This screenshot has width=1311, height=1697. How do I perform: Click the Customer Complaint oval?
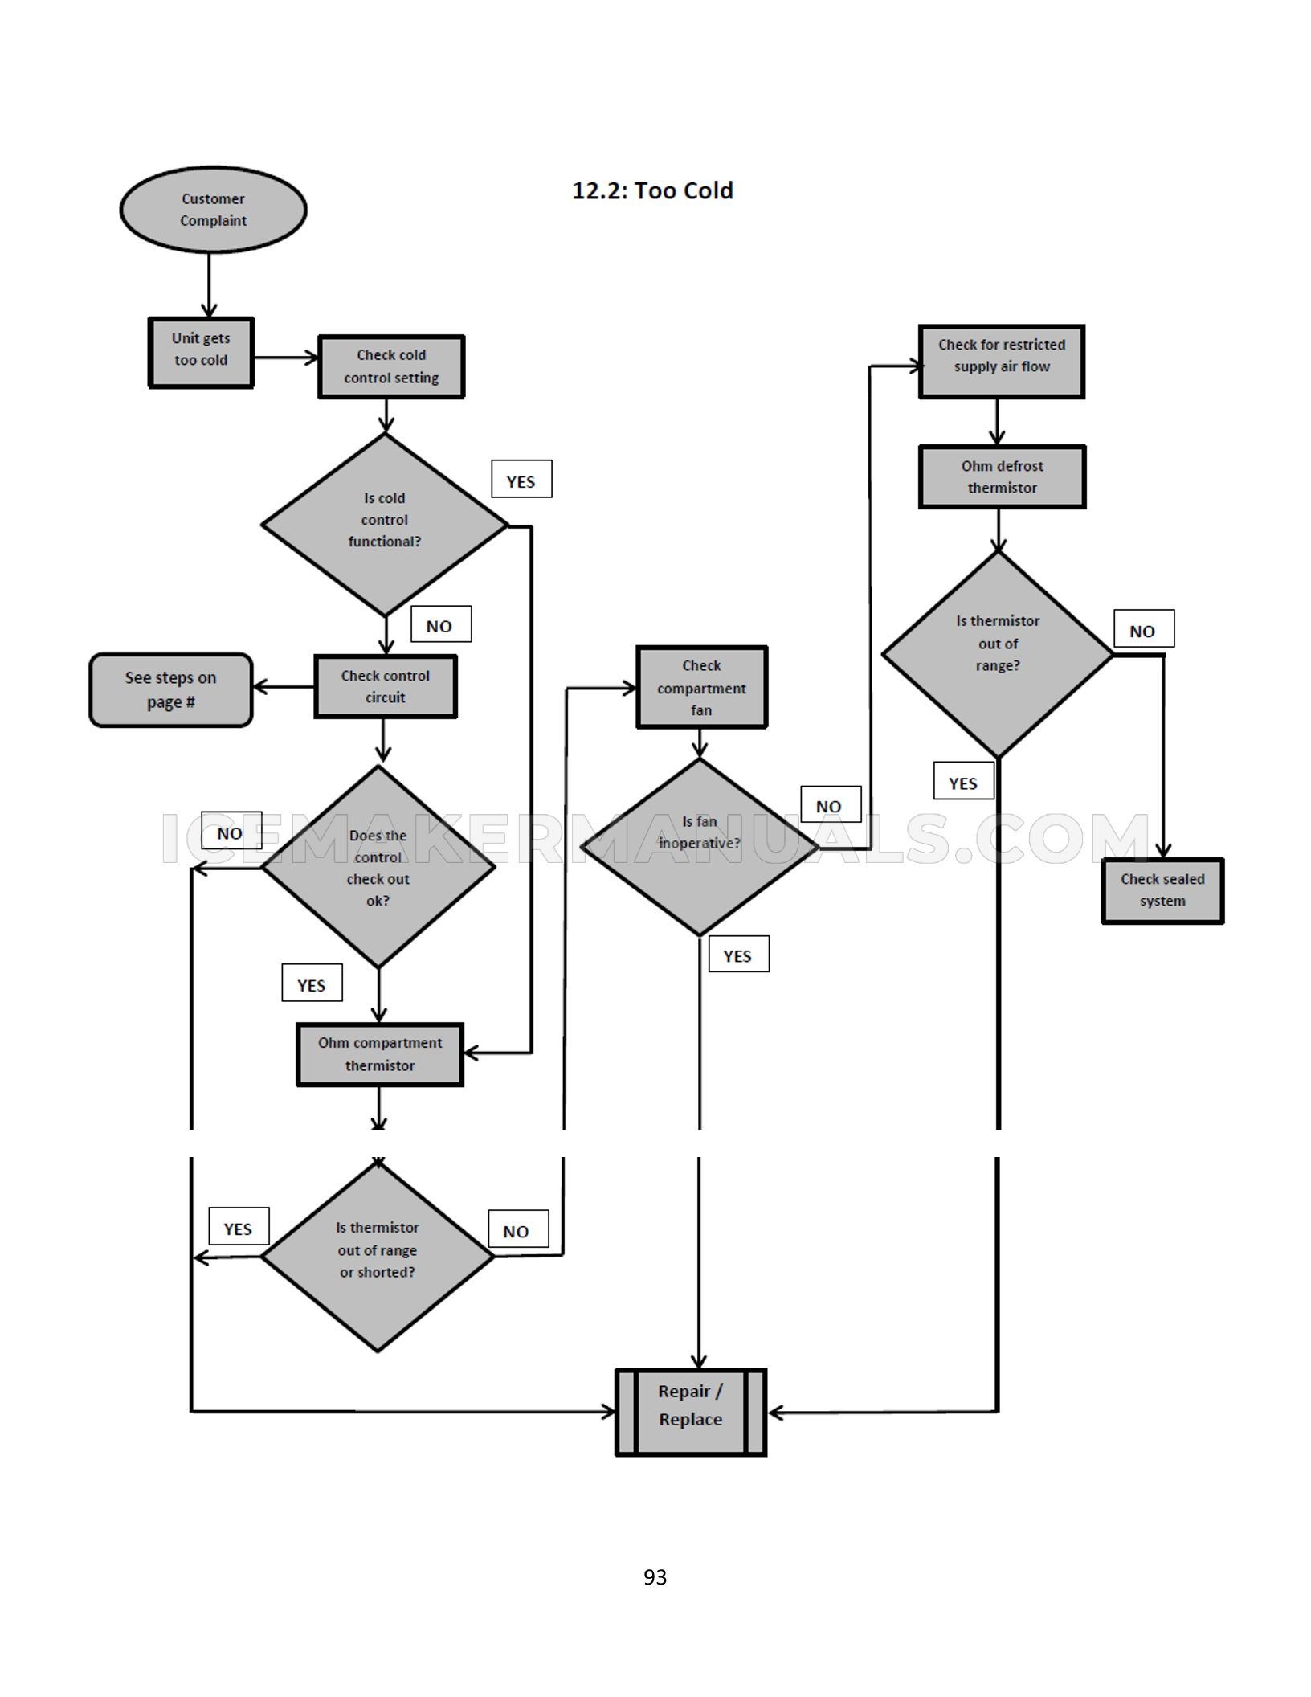click(x=213, y=210)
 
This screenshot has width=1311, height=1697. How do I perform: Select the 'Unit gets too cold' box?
click(x=201, y=353)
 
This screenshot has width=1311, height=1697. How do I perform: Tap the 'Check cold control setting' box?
click(x=391, y=366)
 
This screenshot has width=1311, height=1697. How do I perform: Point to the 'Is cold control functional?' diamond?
click(x=385, y=525)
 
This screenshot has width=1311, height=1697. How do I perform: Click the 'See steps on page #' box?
click(x=170, y=689)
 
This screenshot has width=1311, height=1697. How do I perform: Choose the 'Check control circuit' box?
click(x=385, y=686)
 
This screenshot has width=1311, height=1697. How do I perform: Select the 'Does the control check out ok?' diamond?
click(x=378, y=867)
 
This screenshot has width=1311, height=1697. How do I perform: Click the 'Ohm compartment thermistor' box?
click(x=380, y=1054)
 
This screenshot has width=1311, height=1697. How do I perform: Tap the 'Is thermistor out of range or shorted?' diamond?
click(x=378, y=1257)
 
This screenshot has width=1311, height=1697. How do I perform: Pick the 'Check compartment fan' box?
click(x=701, y=687)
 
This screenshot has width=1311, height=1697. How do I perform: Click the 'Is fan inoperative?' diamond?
click(x=700, y=847)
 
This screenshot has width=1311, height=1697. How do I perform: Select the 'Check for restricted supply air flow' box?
click(x=1002, y=362)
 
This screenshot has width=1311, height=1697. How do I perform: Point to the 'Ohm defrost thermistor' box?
click(x=1003, y=476)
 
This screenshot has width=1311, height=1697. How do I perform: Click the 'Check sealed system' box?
click(x=1162, y=890)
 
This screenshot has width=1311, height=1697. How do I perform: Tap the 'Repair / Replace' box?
click(x=691, y=1412)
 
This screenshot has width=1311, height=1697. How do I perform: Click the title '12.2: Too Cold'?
click(x=652, y=190)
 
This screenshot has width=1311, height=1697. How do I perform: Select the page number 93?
click(x=655, y=1576)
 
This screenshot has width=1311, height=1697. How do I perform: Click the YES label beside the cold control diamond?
click(x=521, y=479)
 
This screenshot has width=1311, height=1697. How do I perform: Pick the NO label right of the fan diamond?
click(x=831, y=804)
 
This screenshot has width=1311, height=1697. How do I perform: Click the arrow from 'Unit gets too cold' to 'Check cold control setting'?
click(x=286, y=357)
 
